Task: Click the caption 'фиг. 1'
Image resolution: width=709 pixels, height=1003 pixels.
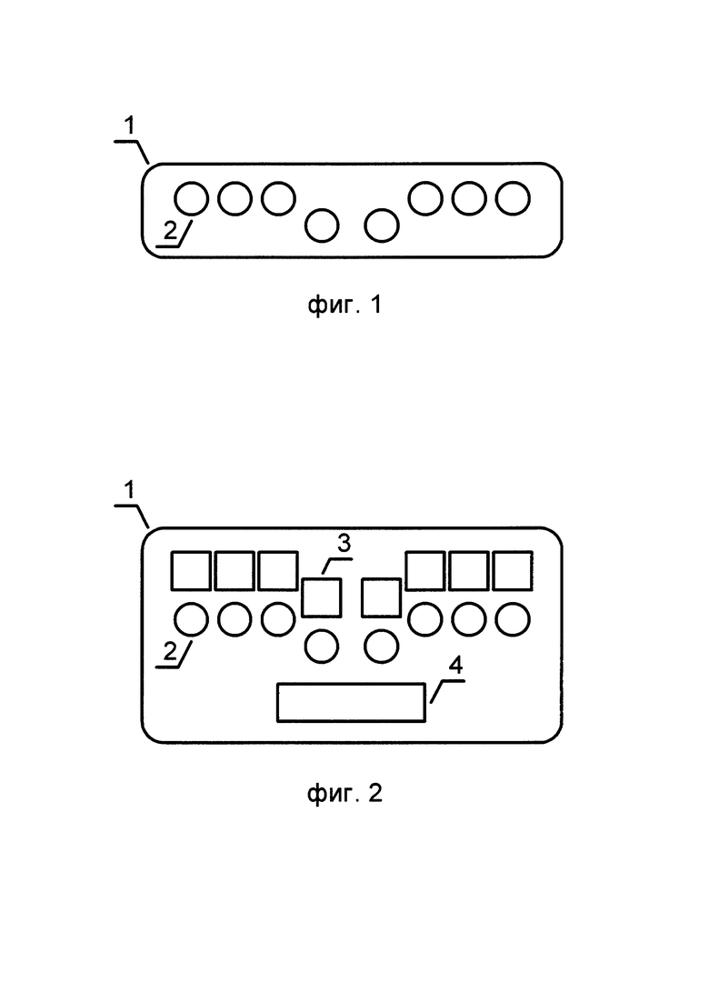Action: point(345,306)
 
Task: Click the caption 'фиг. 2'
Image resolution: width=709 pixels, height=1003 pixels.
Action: point(345,794)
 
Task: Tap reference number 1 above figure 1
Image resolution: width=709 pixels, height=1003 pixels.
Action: point(130,126)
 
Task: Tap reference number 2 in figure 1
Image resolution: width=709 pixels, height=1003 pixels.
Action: point(170,230)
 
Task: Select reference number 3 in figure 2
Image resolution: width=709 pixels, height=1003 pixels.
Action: point(344,543)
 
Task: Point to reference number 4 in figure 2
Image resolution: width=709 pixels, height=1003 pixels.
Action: point(455,666)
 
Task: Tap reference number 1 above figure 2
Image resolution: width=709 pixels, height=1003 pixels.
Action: point(130,490)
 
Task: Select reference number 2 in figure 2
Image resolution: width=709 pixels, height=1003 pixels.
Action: point(170,651)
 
